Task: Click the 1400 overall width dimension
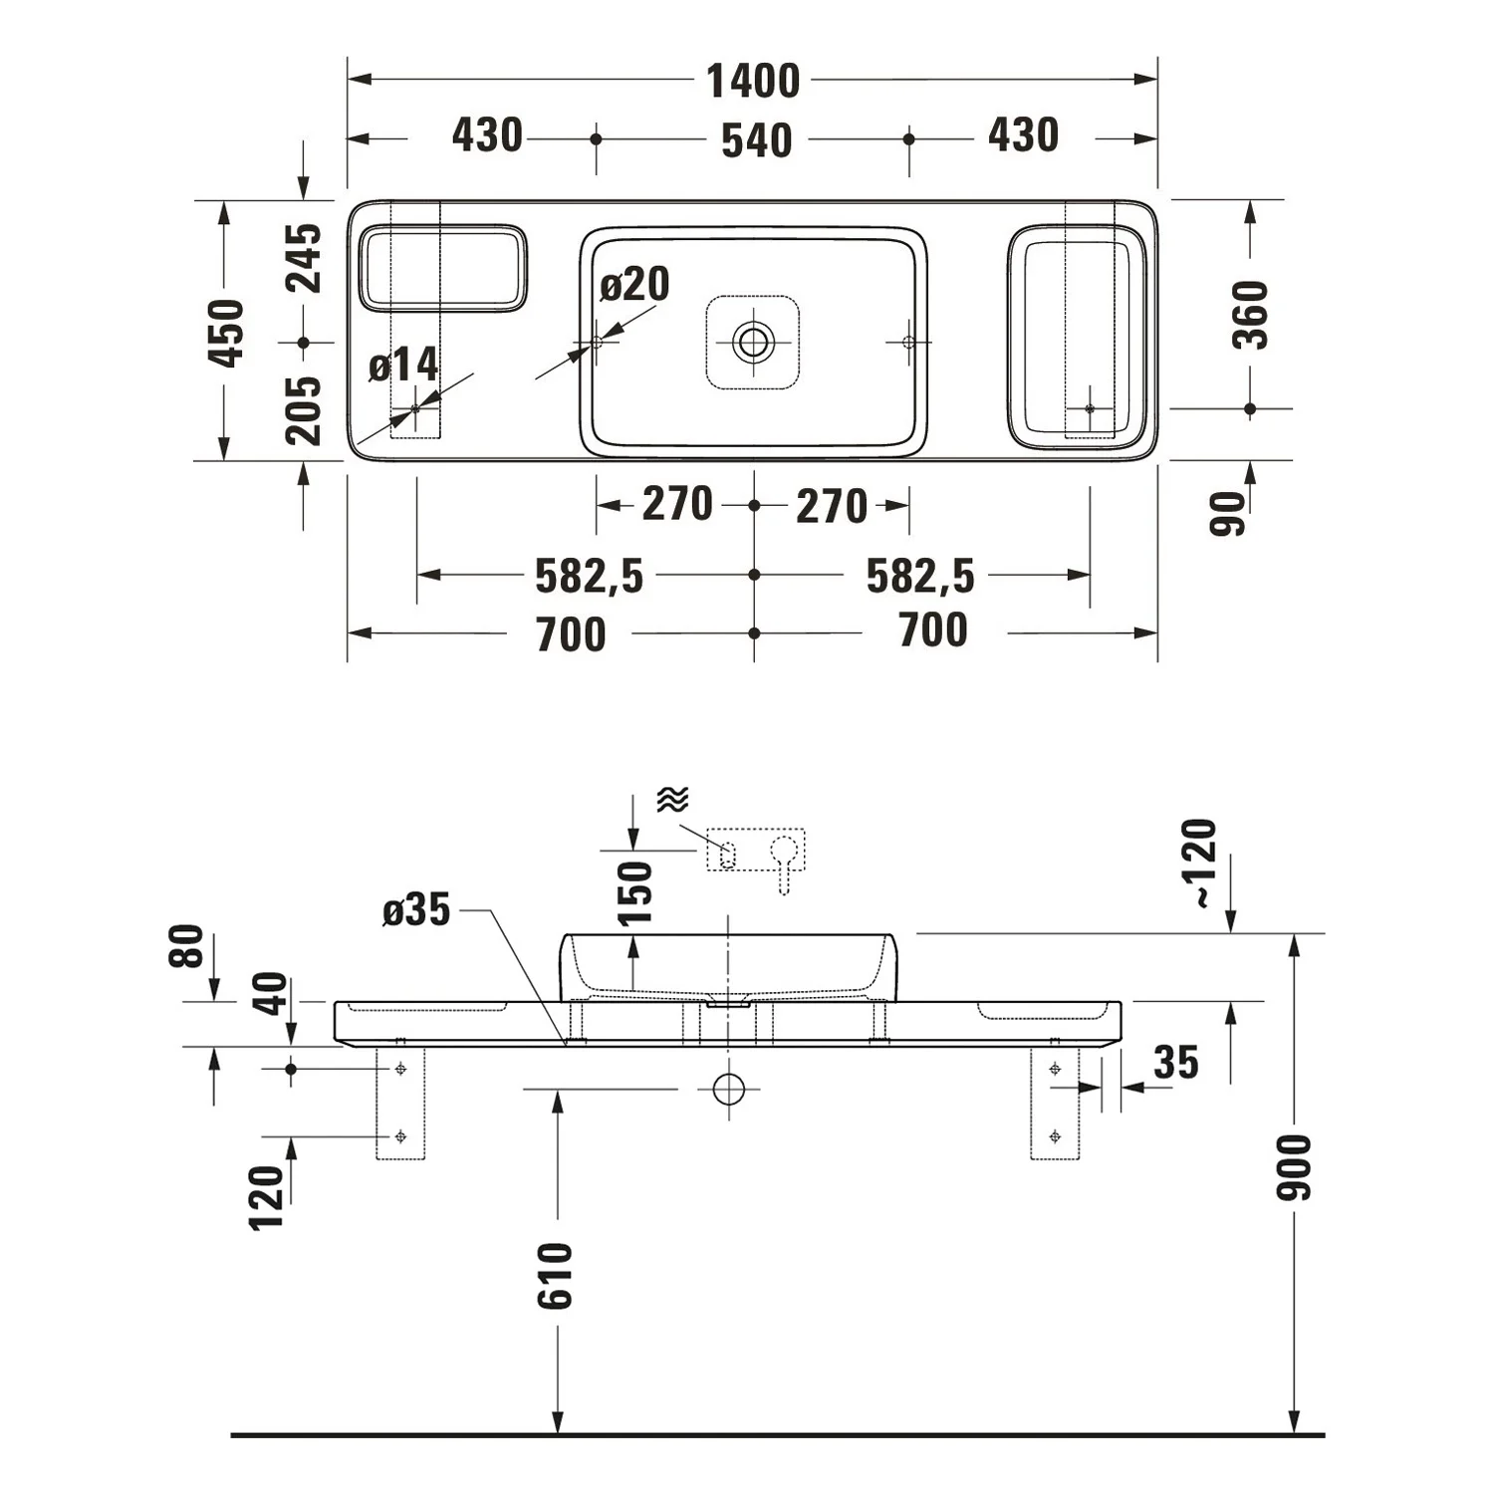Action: tap(753, 82)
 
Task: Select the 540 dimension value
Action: tap(757, 140)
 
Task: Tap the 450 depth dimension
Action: tap(229, 333)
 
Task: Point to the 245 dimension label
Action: tap(305, 258)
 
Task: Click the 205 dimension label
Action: tap(305, 410)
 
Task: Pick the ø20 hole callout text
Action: tap(634, 285)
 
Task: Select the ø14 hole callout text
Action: tap(403, 366)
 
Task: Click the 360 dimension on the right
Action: tap(1251, 315)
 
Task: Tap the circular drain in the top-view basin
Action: tap(753, 342)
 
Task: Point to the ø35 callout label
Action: tap(416, 910)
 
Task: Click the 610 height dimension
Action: tap(558, 1276)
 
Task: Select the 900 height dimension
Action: tap(1295, 1166)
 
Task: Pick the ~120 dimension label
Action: tap(1202, 863)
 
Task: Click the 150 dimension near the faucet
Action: tap(634, 893)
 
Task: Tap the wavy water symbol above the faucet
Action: tap(673, 799)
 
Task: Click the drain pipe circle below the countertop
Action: tap(729, 1090)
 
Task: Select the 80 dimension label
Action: tap(186, 946)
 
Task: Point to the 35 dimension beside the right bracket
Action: tap(1175, 1063)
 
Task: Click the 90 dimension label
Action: tap(1228, 514)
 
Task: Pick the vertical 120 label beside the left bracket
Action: tap(267, 1198)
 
